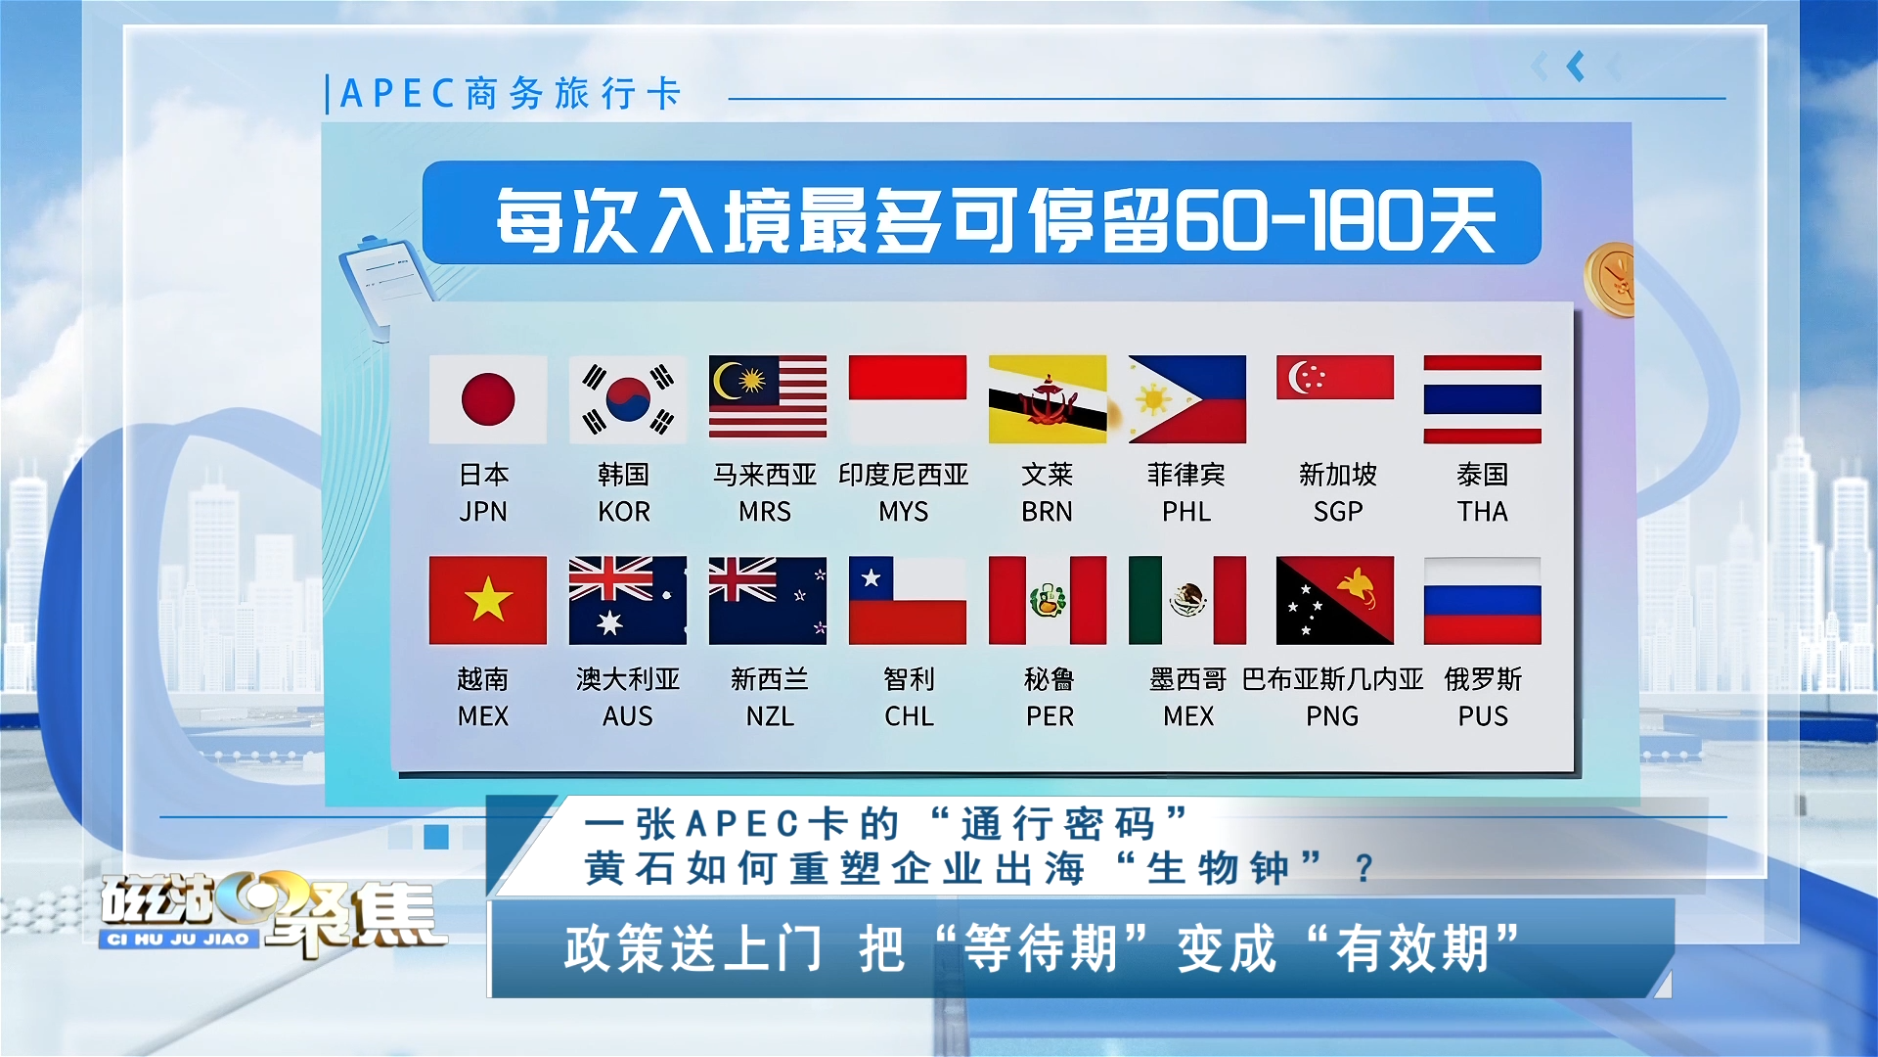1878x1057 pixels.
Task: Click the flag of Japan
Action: point(488,399)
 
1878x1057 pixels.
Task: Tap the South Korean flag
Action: point(628,399)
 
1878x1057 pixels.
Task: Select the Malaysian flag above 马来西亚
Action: point(768,396)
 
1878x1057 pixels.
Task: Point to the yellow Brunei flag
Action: point(1048,399)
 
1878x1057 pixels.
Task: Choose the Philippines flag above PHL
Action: point(1187,399)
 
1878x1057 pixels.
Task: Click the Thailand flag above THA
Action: point(1483,399)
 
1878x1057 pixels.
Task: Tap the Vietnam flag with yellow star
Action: point(488,600)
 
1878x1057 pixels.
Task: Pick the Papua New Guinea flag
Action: point(1335,600)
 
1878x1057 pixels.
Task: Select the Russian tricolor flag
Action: point(1483,600)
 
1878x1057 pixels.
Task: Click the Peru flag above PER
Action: point(1048,600)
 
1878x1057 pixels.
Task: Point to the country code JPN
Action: point(483,512)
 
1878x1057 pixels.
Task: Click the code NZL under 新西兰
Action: point(770,716)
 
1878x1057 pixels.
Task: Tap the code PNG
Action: point(1332,716)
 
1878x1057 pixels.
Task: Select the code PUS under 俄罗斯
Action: point(1483,716)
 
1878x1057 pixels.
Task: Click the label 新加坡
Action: point(1338,475)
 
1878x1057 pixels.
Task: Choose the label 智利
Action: point(910,679)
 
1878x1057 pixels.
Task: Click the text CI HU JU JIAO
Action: point(178,940)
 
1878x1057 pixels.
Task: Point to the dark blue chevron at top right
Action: point(1576,67)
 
